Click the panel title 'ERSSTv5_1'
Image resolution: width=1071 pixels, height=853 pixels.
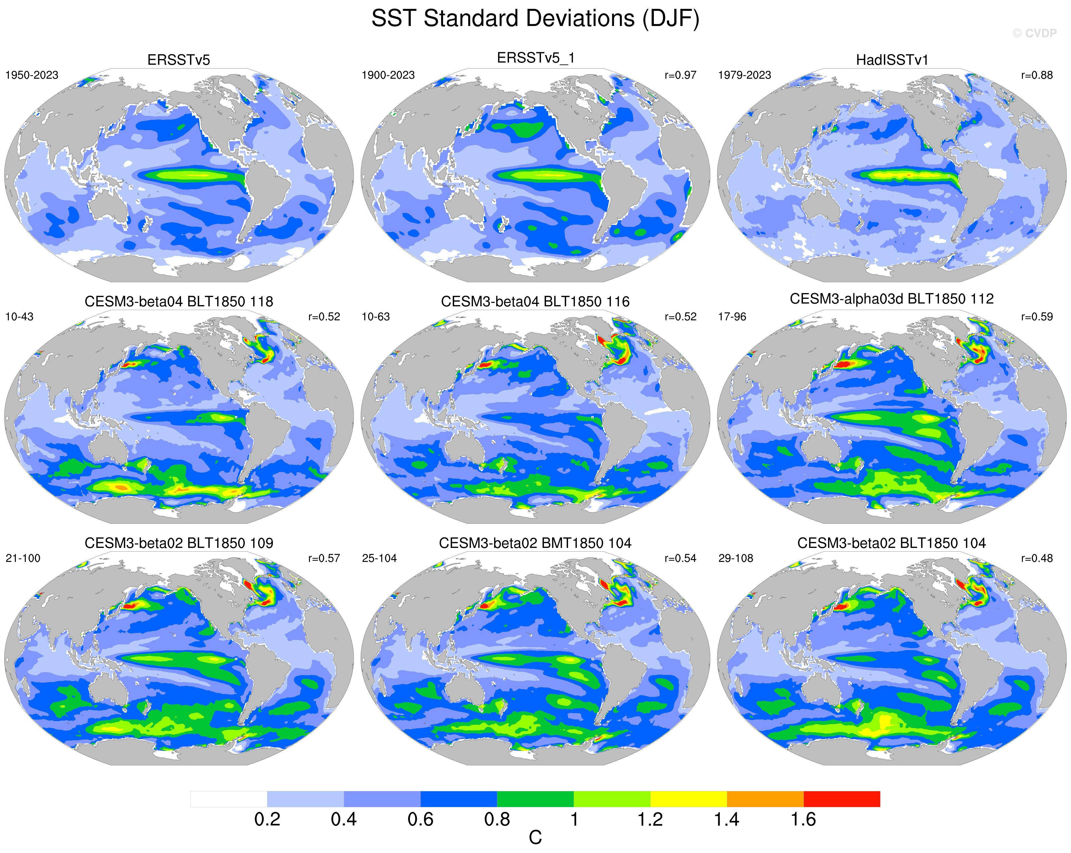coord(535,58)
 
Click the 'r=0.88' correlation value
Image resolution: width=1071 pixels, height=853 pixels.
coord(1037,75)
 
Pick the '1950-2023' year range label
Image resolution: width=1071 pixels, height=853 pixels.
coord(32,75)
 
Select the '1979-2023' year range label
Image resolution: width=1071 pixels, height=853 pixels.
coord(744,75)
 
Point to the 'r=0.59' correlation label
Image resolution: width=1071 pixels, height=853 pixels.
coord(1037,317)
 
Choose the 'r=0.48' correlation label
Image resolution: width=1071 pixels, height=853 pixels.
coord(1037,558)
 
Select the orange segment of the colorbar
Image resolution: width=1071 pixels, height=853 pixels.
coord(765,799)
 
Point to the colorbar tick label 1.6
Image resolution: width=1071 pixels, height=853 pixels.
coord(803,820)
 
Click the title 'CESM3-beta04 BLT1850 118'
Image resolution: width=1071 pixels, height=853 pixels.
coord(179,302)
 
